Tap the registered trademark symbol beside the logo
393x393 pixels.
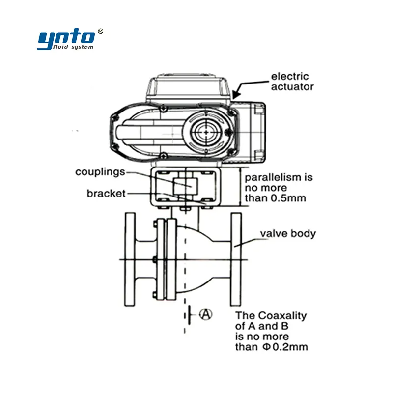[100, 31]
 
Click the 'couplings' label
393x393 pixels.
[100, 172]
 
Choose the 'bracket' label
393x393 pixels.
[106, 193]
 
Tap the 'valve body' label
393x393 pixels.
[288, 233]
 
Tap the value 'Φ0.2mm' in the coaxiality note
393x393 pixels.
[285, 347]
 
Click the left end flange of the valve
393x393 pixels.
[130, 259]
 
